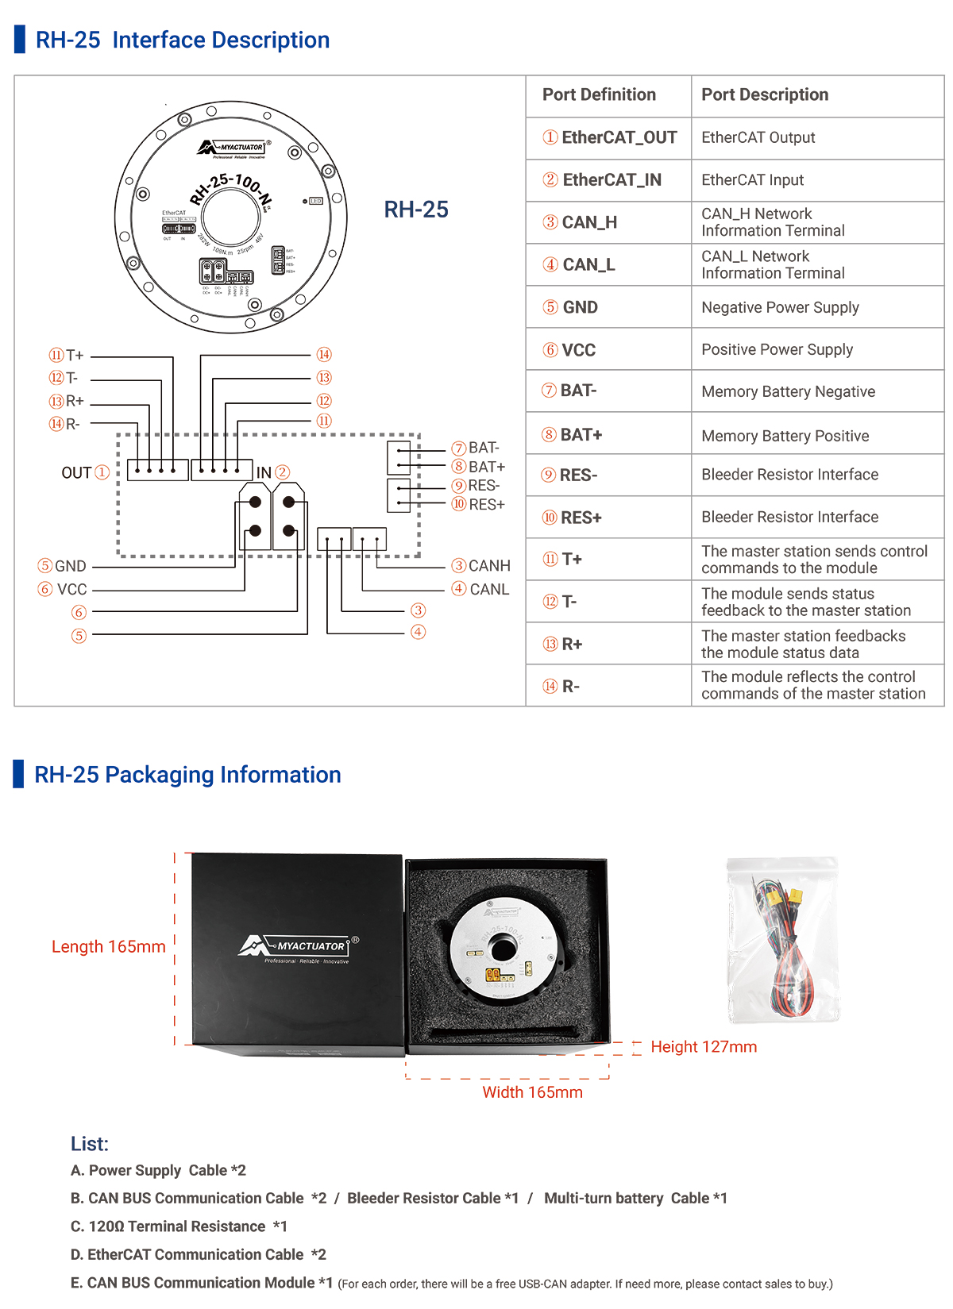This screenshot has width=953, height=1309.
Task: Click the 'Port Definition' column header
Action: click(599, 95)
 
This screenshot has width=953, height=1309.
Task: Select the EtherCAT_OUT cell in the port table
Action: click(610, 138)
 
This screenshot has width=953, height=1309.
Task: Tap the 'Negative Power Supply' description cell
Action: click(780, 308)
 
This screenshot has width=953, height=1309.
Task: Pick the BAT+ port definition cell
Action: click(573, 435)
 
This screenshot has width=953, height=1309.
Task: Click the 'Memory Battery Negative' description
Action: click(788, 392)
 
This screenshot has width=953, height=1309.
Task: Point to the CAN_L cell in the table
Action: click(580, 265)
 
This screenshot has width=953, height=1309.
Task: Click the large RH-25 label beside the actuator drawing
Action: click(416, 210)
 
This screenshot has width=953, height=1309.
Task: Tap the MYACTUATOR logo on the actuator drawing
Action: click(232, 148)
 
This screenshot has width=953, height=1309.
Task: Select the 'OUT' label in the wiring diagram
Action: click(76, 473)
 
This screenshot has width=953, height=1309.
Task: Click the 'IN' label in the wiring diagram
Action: click(264, 473)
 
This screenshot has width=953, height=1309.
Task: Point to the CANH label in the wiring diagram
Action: click(488, 566)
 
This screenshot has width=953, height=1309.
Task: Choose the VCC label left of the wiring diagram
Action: click(71, 590)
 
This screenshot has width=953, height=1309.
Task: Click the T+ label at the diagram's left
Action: click(74, 356)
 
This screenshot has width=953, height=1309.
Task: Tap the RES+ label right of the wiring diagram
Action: click(486, 505)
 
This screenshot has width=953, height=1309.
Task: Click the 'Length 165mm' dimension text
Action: click(109, 947)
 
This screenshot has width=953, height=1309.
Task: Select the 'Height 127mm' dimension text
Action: click(704, 1047)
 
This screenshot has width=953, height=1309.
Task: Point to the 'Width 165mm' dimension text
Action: click(532, 1092)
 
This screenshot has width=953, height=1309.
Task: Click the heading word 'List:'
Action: click(90, 1144)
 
